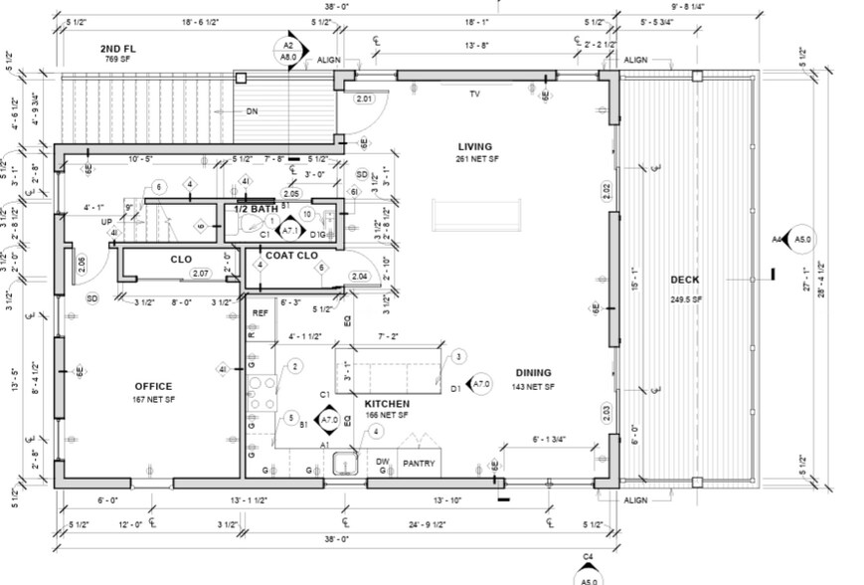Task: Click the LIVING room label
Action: pyautogui.click(x=474, y=147)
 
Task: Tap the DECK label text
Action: pyautogui.click(x=684, y=280)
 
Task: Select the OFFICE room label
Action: pyautogui.click(x=153, y=386)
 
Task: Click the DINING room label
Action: pyautogui.click(x=532, y=374)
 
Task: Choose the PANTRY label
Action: pyautogui.click(x=419, y=463)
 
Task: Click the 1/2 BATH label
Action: pyautogui.click(x=256, y=209)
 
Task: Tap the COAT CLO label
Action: pyautogui.click(x=291, y=255)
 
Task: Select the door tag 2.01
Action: pyautogui.click(x=364, y=98)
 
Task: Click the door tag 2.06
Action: pyautogui.click(x=81, y=263)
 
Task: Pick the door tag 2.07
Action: pyautogui.click(x=200, y=273)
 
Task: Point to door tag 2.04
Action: pyautogui.click(x=360, y=275)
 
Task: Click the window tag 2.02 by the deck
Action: pyautogui.click(x=606, y=187)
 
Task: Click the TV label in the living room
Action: pyautogui.click(x=475, y=95)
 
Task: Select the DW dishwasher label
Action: pyautogui.click(x=382, y=462)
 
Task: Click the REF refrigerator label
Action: pyautogui.click(x=260, y=312)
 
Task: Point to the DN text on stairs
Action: pyautogui.click(x=253, y=111)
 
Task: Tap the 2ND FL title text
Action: pyautogui.click(x=118, y=49)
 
